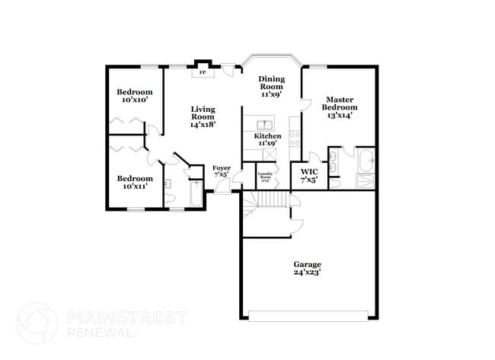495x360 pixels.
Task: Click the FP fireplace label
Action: click(x=202, y=73)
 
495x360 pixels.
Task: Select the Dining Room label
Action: click(x=271, y=87)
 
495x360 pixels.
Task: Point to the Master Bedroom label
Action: click(x=341, y=107)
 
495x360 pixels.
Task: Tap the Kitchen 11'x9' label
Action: click(x=266, y=139)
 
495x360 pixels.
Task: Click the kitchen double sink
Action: click(x=264, y=124)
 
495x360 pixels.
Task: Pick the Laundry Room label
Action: click(x=266, y=177)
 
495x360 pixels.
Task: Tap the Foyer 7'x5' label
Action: click(x=222, y=171)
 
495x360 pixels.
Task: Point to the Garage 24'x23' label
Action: click(x=308, y=268)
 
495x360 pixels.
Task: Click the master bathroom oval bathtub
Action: click(x=365, y=161)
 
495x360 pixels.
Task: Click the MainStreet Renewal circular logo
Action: click(x=37, y=323)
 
